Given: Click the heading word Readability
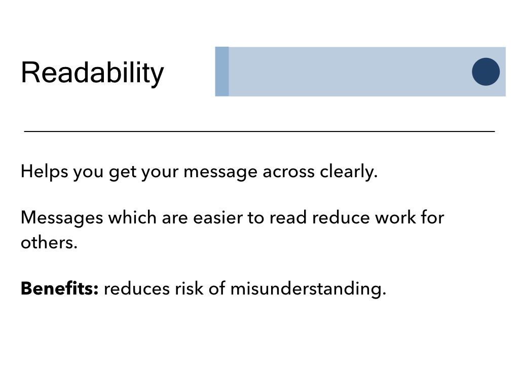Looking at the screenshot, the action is (x=92, y=73).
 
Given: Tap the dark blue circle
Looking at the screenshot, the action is (x=486, y=72).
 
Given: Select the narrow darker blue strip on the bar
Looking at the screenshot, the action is (x=222, y=72).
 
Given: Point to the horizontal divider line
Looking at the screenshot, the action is (x=259, y=132).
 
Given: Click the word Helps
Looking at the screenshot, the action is (x=45, y=172).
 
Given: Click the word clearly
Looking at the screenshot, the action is (x=349, y=172).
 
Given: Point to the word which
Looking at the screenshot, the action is (x=132, y=217).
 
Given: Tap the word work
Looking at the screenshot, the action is (x=395, y=217).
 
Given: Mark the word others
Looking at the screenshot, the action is (x=49, y=242).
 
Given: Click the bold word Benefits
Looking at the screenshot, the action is (x=60, y=288).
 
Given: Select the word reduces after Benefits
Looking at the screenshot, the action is (x=137, y=288).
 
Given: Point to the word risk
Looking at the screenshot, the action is (x=189, y=288).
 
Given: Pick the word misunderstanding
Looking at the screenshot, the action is (x=308, y=288).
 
